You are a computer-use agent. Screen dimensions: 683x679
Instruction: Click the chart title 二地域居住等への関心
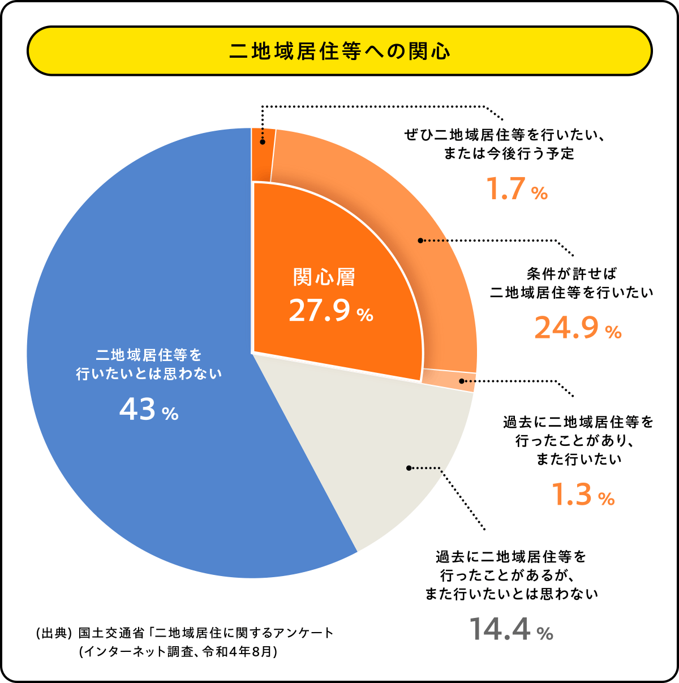point(339,51)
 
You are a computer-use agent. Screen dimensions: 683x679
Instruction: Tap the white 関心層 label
point(324,277)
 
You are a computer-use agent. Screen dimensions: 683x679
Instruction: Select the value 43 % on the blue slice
point(149,410)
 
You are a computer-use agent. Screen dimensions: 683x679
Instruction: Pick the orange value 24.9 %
point(578,328)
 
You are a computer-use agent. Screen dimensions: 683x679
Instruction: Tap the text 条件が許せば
point(571,274)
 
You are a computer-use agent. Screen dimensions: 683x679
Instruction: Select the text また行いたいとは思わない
point(512,594)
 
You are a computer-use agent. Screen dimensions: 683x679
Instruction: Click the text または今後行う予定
point(509,154)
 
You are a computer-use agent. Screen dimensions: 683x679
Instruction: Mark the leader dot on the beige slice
point(409,468)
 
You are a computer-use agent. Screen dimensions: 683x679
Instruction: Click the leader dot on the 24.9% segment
point(420,240)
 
